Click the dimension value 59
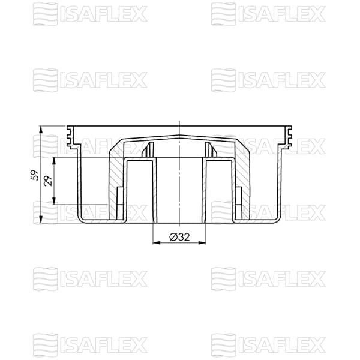click(35, 175)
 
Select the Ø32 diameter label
click(179, 237)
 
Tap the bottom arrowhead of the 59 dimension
click(40, 220)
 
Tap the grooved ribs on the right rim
click(289, 137)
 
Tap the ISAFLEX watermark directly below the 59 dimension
click(90, 278)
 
